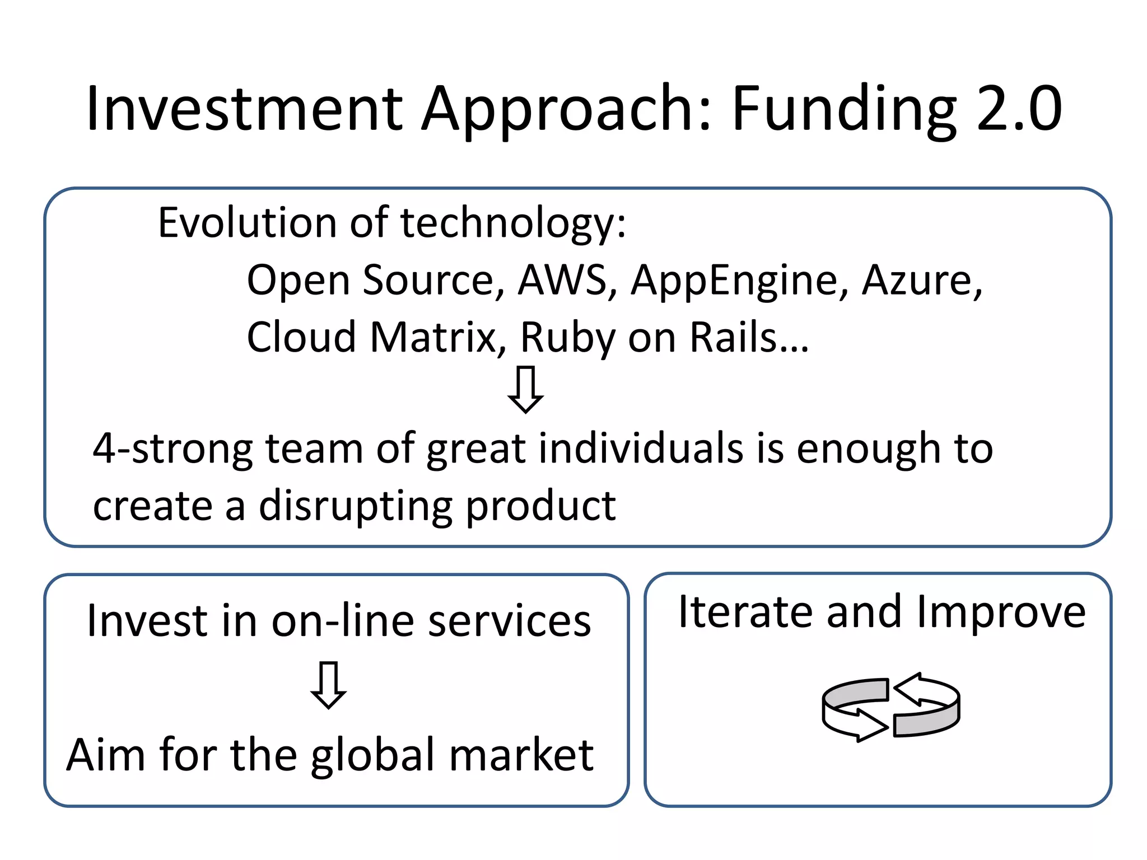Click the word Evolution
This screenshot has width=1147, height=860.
tap(247, 223)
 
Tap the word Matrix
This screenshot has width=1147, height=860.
tap(433, 338)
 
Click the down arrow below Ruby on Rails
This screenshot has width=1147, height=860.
tap(525, 390)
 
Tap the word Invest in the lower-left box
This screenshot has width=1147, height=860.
tap(144, 621)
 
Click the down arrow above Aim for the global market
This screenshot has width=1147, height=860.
tap(328, 685)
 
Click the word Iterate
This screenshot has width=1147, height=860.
tap(745, 612)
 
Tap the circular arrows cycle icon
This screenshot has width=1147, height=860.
tap(890, 707)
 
